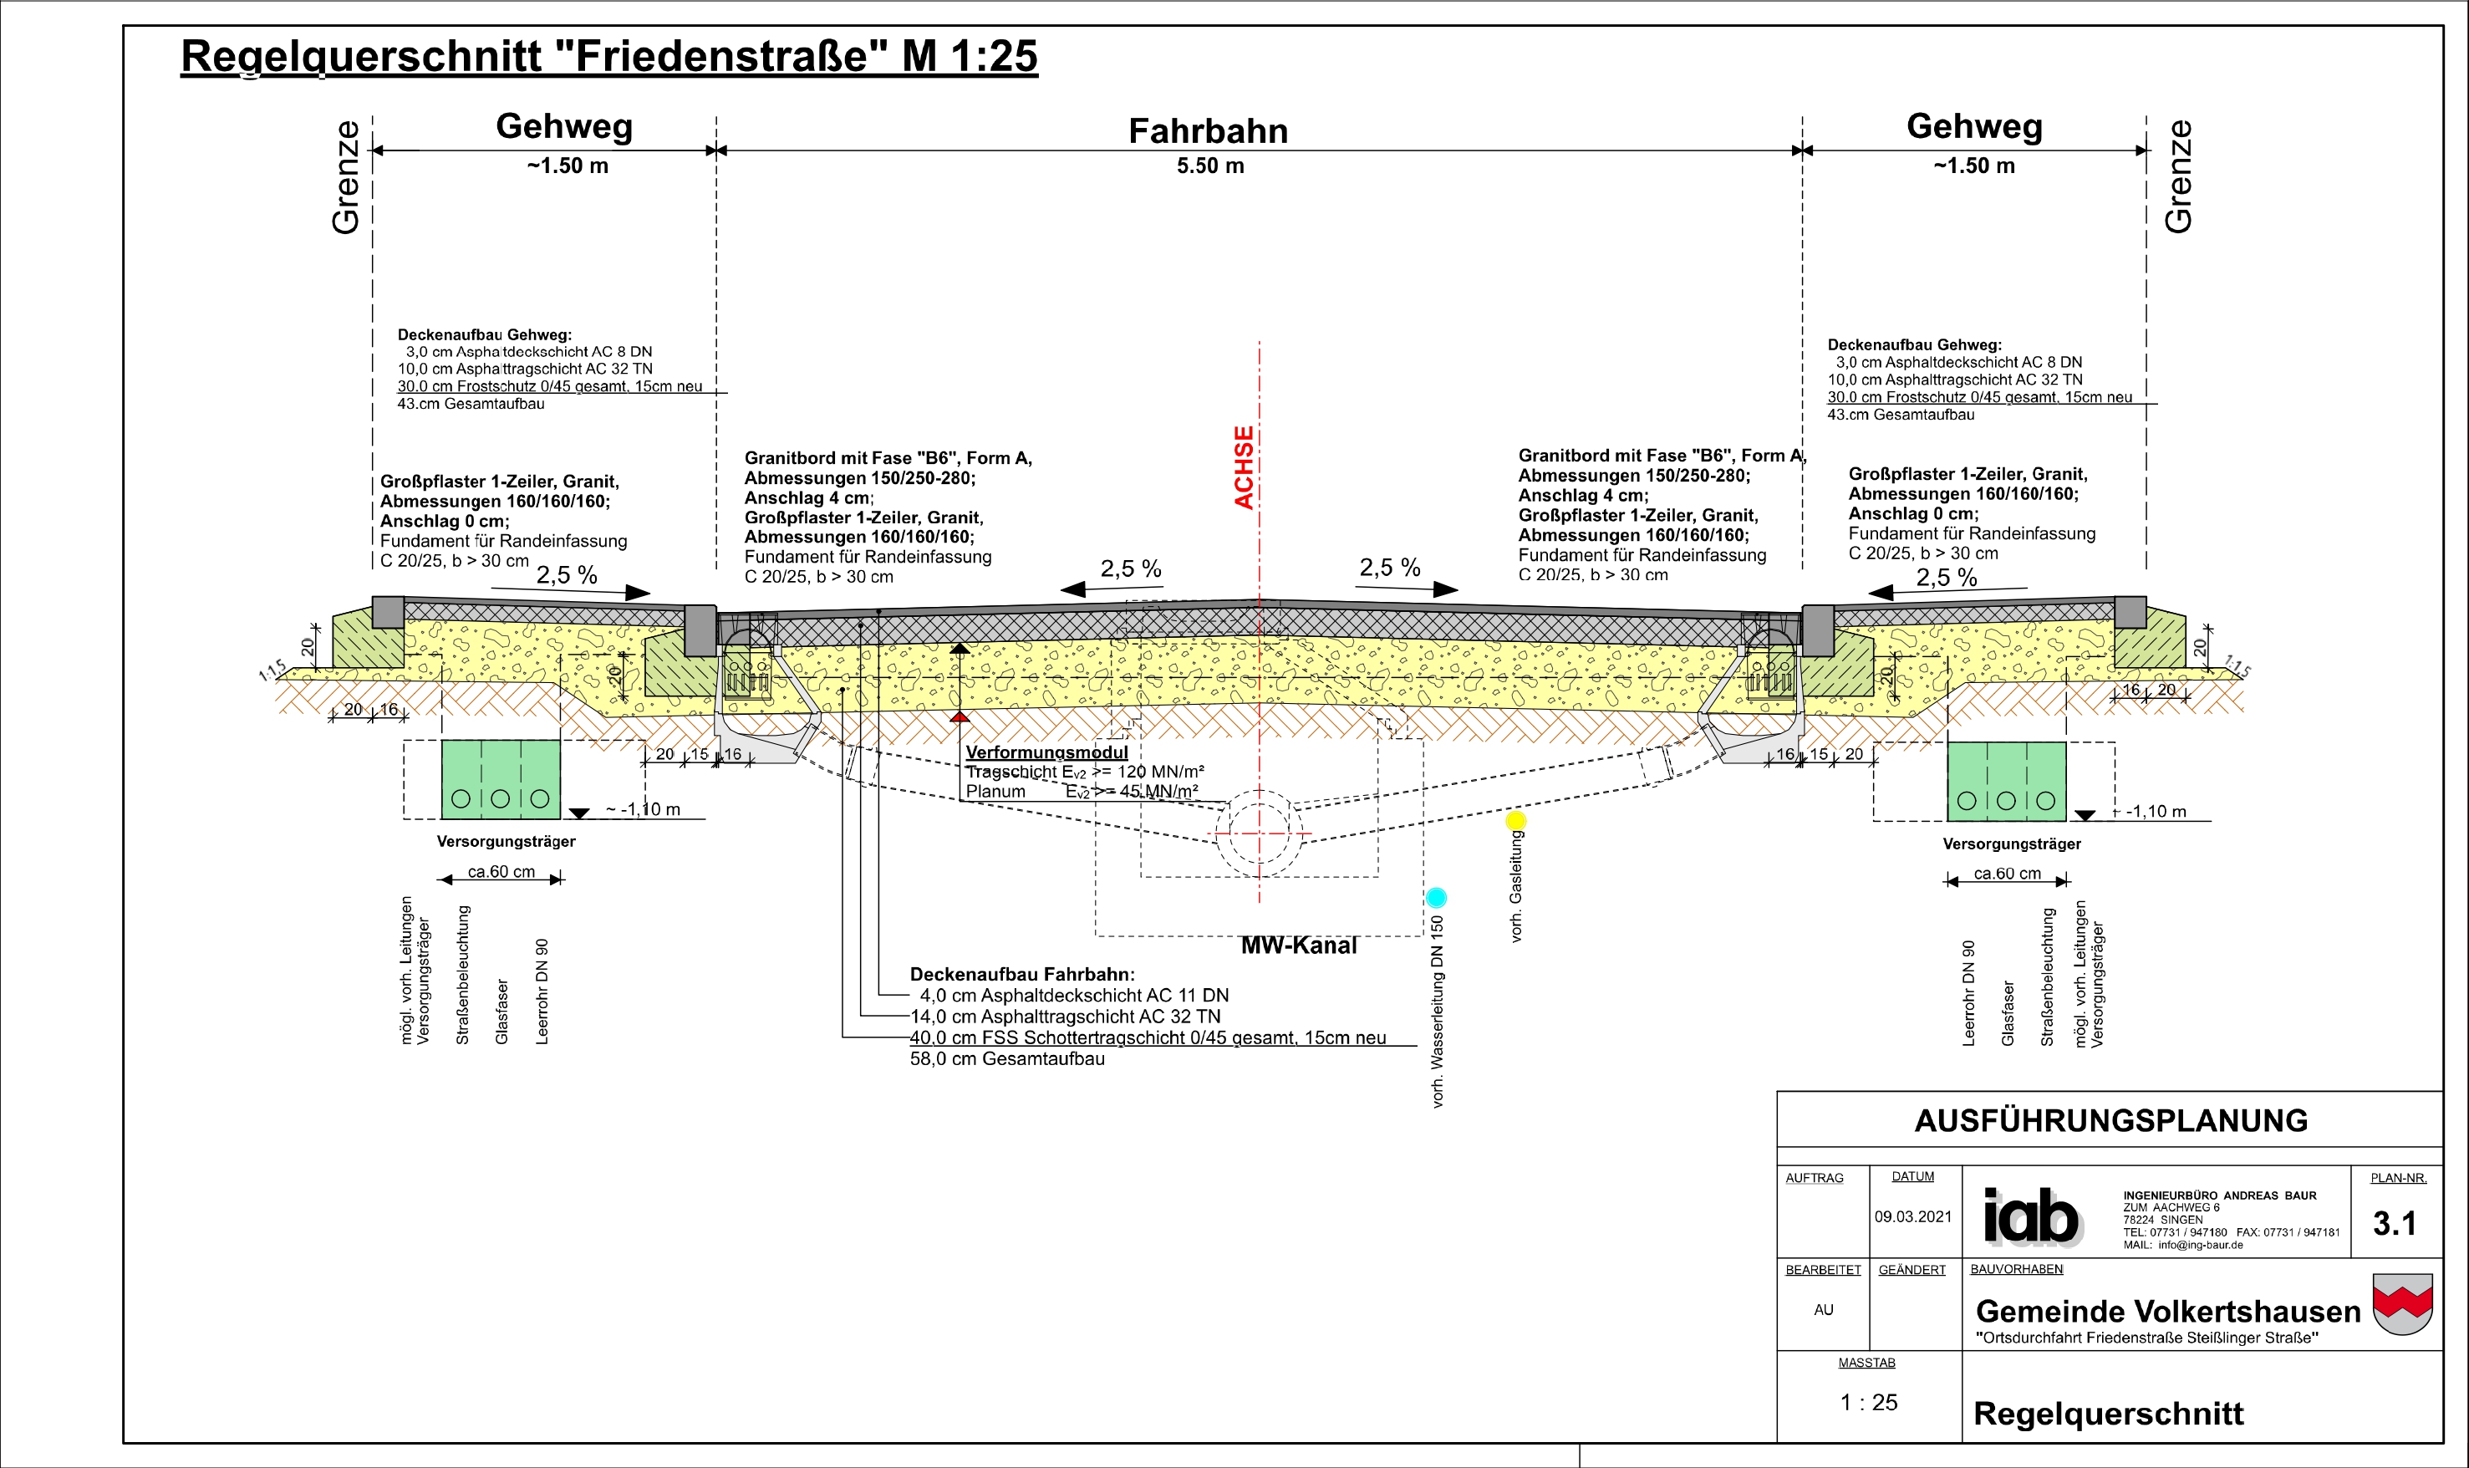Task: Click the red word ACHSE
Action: [x=1243, y=468]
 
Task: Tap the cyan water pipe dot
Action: [x=1436, y=897]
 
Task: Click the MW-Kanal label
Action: [x=1298, y=946]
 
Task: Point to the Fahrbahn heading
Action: [x=1209, y=130]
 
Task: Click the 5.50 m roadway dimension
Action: [x=1210, y=166]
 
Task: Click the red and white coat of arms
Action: [x=2403, y=1304]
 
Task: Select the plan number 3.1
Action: [x=2394, y=1224]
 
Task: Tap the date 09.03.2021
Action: [x=1912, y=1216]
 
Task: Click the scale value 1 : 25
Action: [x=1868, y=1403]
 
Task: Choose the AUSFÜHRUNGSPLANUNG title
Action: [x=2111, y=1121]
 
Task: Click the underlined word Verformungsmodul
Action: [x=1046, y=752]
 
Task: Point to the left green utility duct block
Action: [x=501, y=779]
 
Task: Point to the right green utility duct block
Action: [x=2006, y=782]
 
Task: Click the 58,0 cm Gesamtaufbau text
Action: [x=1006, y=1058]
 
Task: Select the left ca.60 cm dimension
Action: [x=501, y=871]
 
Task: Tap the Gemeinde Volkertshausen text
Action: [x=2168, y=1312]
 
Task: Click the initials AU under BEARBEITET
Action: [x=1823, y=1310]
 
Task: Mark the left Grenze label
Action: [x=346, y=177]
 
